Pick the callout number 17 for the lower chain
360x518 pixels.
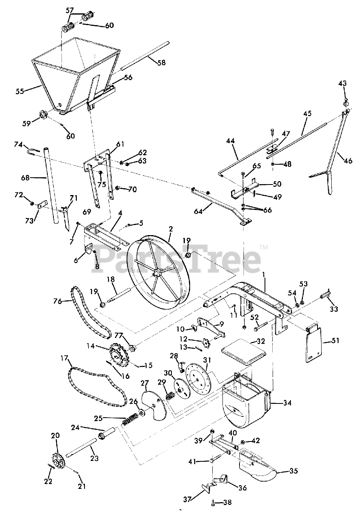(x=64, y=358)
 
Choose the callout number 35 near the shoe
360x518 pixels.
(x=294, y=471)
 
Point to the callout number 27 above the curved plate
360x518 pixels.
(x=144, y=383)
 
